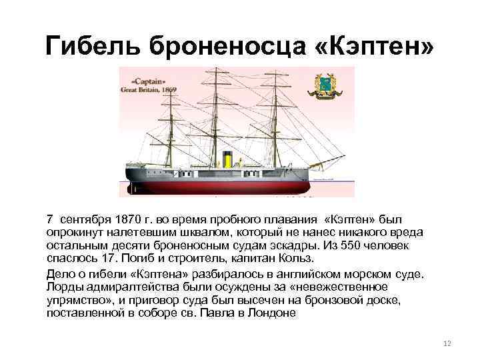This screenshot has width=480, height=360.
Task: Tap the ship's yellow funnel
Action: (226, 160)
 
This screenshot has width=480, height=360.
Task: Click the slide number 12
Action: (447, 343)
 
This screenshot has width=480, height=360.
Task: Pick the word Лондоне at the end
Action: (274, 312)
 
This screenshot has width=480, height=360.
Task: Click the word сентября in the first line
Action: (85, 219)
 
